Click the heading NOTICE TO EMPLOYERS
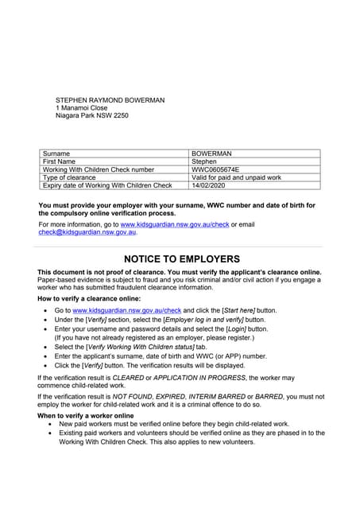coord(181,259)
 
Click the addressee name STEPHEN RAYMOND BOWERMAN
coord(110,99)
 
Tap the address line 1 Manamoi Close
coord(82,107)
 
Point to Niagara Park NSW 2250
coord(91,115)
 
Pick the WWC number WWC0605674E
coord(215,169)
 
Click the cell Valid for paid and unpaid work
coord(236,177)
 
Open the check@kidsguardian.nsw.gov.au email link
coord(87,232)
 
